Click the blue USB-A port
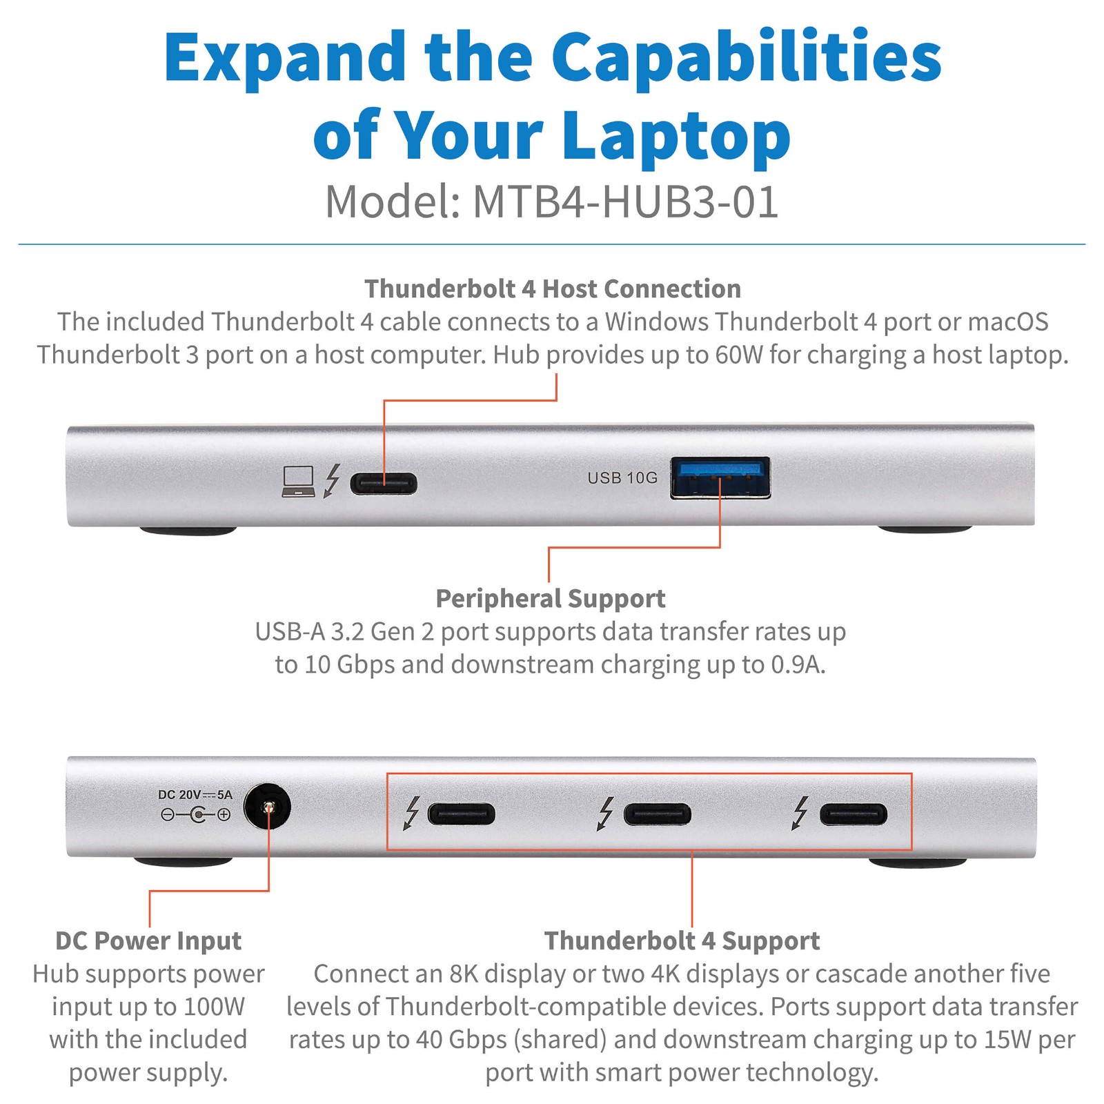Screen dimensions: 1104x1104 (x=720, y=477)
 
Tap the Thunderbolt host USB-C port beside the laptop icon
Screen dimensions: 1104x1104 (x=384, y=483)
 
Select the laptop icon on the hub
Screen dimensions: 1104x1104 (x=299, y=481)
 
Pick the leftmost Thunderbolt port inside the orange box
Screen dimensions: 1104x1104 (x=462, y=814)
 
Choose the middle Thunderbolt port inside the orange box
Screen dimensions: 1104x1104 (x=657, y=814)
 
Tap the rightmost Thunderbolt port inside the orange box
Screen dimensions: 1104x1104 (x=854, y=814)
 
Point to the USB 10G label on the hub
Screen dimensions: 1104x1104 (x=622, y=478)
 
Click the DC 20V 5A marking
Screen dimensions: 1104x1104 (x=195, y=795)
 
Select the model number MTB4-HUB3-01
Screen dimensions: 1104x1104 (x=625, y=202)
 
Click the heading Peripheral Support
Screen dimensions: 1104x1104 (x=551, y=599)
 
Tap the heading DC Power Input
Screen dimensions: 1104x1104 (x=148, y=941)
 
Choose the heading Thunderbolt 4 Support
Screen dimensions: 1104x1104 (x=682, y=941)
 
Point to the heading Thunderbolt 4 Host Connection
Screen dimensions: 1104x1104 (x=553, y=289)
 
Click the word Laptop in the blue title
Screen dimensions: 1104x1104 (x=676, y=137)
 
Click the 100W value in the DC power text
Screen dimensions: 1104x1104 (x=210, y=1007)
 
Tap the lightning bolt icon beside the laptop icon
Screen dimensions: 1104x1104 (x=333, y=480)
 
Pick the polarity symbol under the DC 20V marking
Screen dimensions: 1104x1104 (x=196, y=815)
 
